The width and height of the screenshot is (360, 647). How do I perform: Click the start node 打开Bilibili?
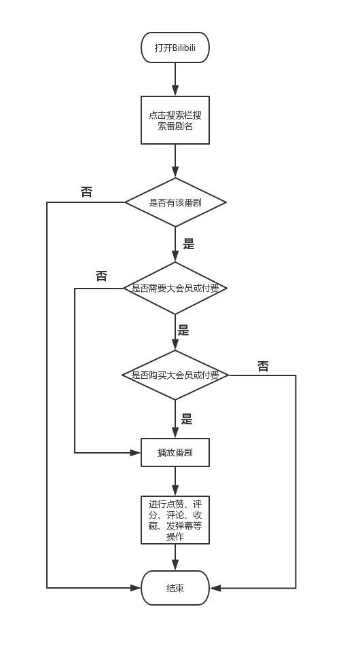pyautogui.click(x=175, y=48)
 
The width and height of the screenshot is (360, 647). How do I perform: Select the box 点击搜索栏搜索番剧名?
pyautogui.click(x=175, y=120)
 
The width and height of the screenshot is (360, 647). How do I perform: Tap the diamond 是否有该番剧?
pyautogui.click(x=175, y=202)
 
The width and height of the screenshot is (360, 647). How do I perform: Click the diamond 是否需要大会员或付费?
pyautogui.click(x=175, y=289)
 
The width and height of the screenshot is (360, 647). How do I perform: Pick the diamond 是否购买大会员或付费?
pyautogui.click(x=175, y=375)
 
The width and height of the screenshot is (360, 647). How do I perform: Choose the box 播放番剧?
pyautogui.click(x=175, y=452)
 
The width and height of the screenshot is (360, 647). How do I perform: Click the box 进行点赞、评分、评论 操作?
pyautogui.click(x=175, y=520)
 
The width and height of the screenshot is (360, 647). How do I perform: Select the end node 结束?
pyautogui.click(x=175, y=588)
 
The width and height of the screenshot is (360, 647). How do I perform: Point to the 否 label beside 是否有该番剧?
pyautogui.click(x=86, y=192)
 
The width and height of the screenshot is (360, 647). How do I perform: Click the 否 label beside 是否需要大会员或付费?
pyautogui.click(x=101, y=276)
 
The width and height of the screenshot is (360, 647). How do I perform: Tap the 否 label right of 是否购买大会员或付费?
pyautogui.click(x=263, y=367)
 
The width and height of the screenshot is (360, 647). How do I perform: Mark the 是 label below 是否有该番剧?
pyautogui.click(x=189, y=244)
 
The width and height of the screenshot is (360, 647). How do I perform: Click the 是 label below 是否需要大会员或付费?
pyautogui.click(x=183, y=331)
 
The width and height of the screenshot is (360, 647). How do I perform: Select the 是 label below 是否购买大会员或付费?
pyautogui.click(x=187, y=420)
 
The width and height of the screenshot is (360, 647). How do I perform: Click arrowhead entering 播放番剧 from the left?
pyautogui.click(x=136, y=452)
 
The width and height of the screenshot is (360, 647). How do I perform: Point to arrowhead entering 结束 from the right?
pyautogui.click(x=215, y=588)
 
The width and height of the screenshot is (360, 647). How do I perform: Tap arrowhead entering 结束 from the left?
pyautogui.click(x=136, y=588)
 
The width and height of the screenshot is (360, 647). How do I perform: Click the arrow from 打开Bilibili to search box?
pyautogui.click(x=175, y=79)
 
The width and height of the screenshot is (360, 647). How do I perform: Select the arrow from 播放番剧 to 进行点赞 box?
pyautogui.click(x=175, y=481)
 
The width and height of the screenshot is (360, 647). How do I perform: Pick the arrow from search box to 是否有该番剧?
pyautogui.click(x=175, y=161)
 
